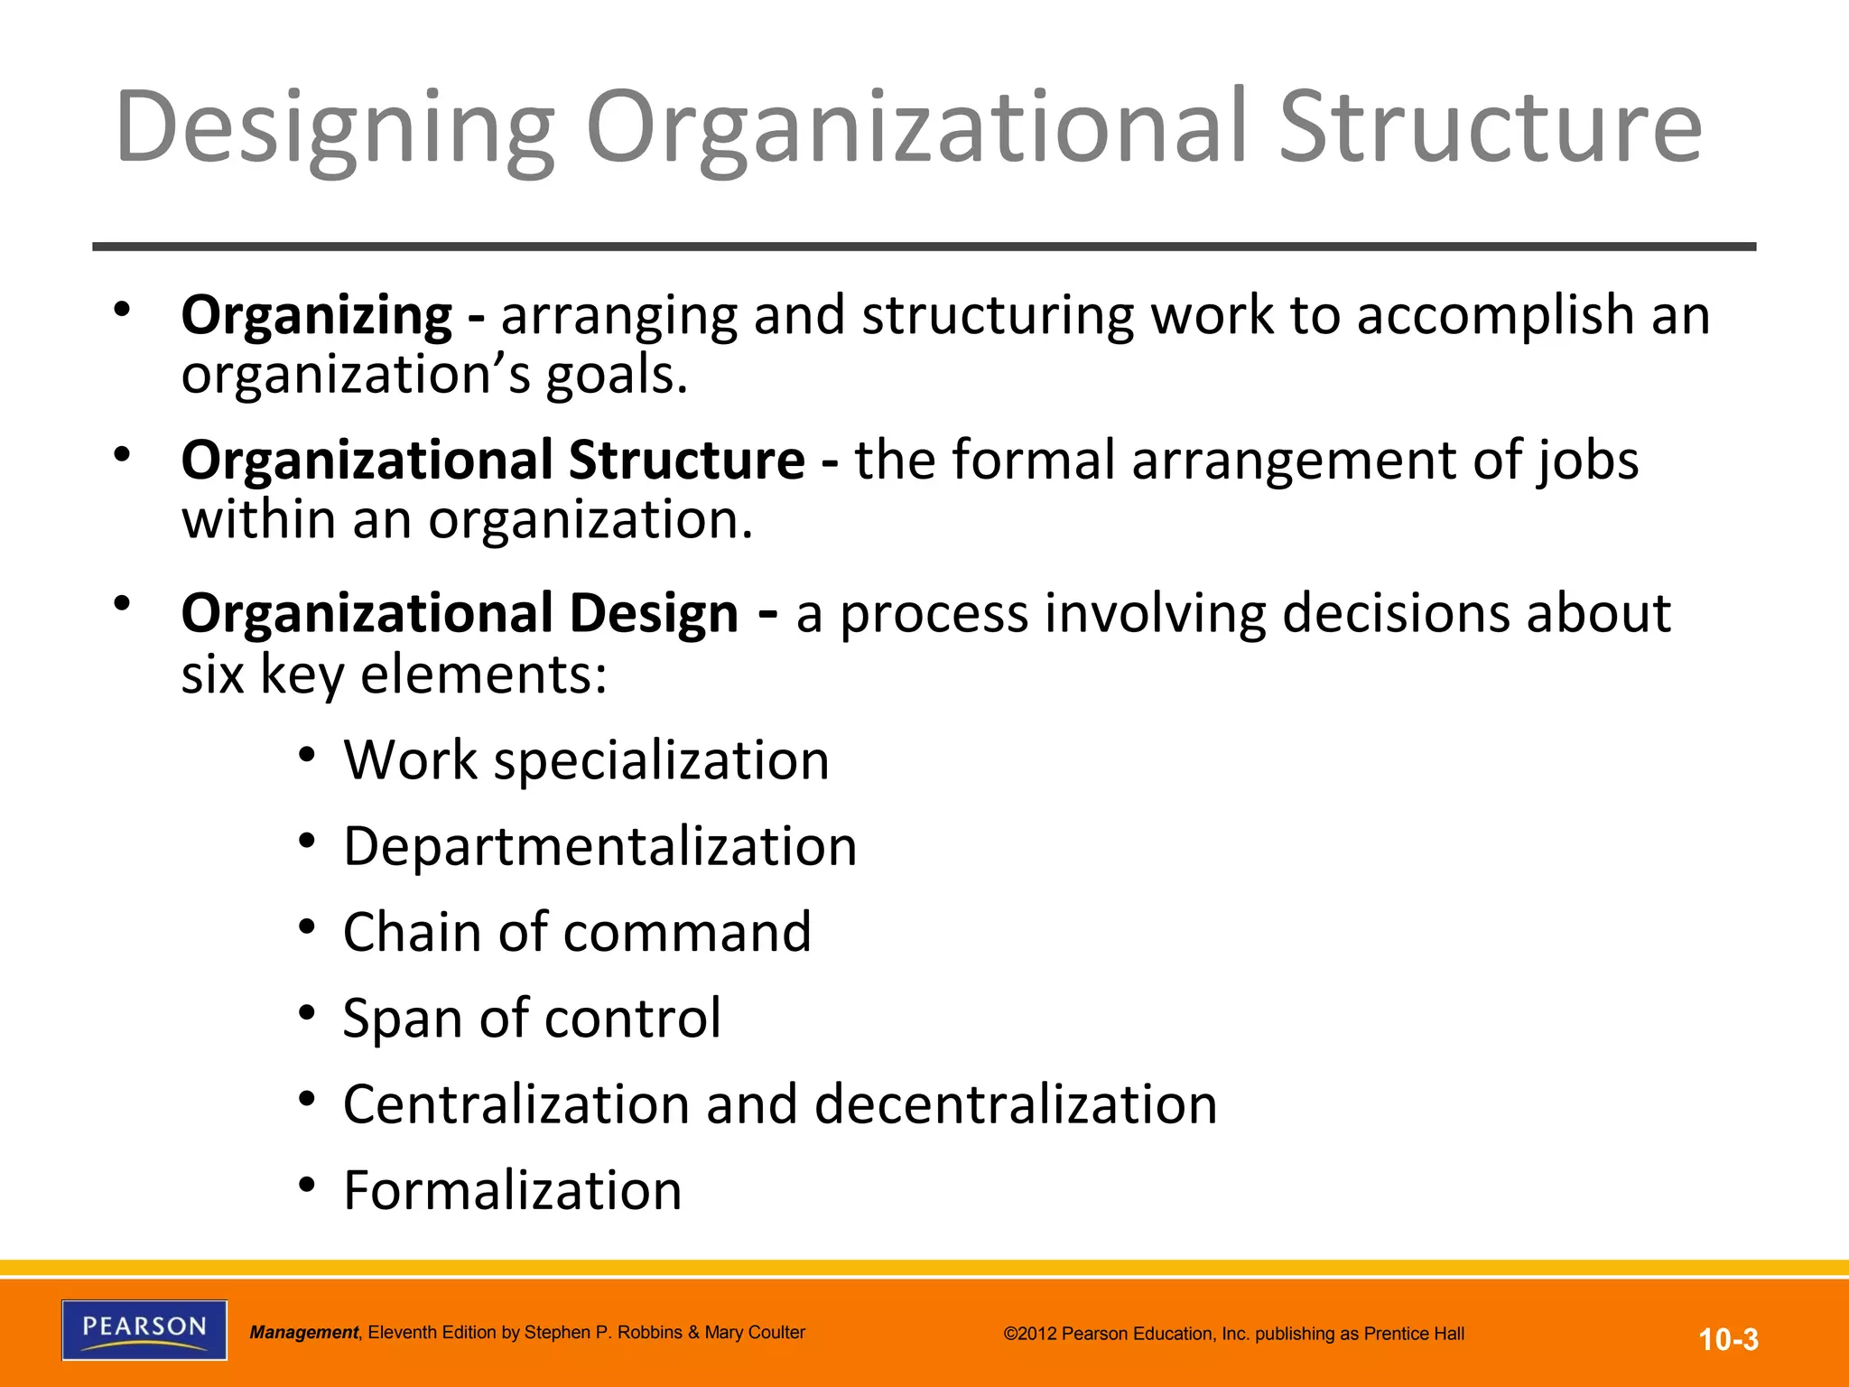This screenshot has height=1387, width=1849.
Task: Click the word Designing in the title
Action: click(x=334, y=128)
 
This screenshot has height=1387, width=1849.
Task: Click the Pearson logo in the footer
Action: click(x=144, y=1329)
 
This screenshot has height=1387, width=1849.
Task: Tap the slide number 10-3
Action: click(x=1728, y=1339)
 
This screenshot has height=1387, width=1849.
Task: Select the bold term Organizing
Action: click(x=316, y=316)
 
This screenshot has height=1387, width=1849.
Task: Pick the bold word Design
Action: click(x=654, y=614)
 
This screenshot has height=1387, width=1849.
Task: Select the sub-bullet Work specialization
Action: click(x=586, y=760)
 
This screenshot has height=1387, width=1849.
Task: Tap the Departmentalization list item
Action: click(x=600, y=846)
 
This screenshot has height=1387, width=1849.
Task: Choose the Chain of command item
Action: click(x=577, y=932)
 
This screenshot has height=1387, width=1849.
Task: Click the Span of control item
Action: click(x=532, y=1018)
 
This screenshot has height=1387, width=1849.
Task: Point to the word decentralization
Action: click(x=1016, y=1104)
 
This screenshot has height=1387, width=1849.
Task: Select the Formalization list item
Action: click(x=512, y=1190)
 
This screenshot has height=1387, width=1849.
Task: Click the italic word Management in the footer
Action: click(x=304, y=1333)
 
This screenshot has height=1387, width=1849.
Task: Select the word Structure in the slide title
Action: click(x=1490, y=128)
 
